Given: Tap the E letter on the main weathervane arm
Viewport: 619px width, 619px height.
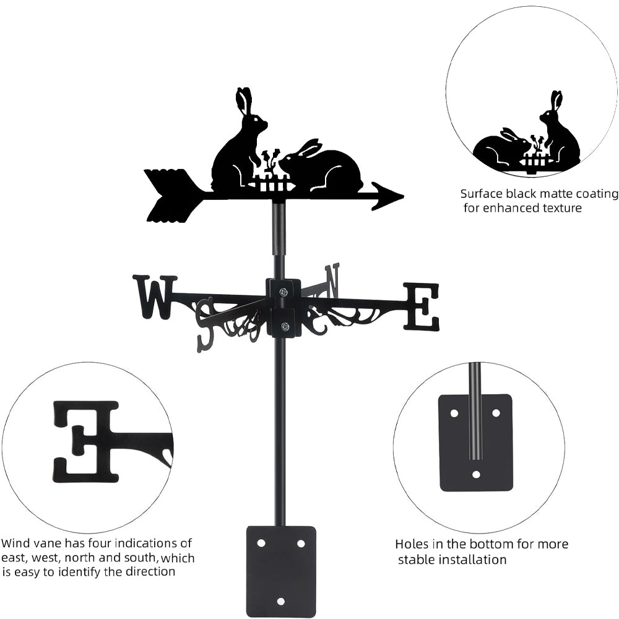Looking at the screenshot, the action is tap(421, 306).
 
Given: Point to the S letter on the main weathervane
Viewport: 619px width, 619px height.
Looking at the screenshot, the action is tap(206, 324).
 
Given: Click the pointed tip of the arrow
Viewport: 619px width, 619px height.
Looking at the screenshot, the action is tap(403, 196).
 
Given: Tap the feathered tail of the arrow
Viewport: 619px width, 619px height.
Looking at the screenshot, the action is tap(170, 196).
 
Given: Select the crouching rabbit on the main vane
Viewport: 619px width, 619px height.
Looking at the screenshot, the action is tap(322, 166).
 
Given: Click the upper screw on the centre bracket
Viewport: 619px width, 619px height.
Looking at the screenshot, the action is tap(283, 292).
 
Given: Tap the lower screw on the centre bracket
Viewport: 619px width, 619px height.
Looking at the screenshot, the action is tap(284, 326).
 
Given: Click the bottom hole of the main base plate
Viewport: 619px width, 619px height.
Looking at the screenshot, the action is tap(280, 601).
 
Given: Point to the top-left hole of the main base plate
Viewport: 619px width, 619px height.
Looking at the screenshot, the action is tap(261, 543).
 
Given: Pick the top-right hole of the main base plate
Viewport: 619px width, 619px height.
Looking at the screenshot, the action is tap(301, 543).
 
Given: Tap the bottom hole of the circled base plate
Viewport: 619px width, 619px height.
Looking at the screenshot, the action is tap(476, 475).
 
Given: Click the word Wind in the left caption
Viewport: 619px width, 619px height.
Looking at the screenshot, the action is tap(15, 543).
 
